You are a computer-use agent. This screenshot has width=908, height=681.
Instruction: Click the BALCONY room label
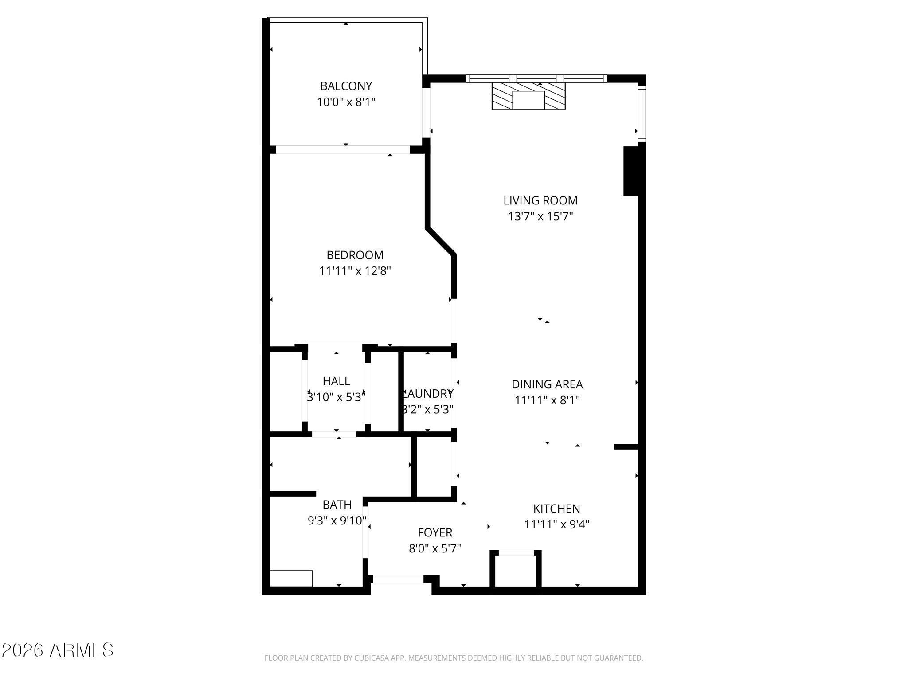(346, 86)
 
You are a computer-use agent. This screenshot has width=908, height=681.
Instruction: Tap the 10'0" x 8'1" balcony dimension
(346, 102)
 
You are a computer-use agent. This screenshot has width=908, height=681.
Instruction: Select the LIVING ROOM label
(540, 200)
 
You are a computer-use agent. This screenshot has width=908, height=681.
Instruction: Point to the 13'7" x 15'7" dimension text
(540, 217)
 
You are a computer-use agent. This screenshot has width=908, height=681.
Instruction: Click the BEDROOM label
(355, 255)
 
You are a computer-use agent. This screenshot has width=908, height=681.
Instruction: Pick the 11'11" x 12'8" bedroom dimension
(355, 271)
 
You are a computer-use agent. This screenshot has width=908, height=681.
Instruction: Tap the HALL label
(336, 381)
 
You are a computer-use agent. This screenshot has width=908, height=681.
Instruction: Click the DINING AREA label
(547, 384)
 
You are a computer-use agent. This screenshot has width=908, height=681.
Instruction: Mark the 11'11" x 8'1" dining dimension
(547, 400)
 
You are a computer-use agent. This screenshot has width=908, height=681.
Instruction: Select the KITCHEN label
(556, 509)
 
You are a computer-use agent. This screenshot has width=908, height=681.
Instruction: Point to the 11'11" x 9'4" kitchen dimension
(556, 524)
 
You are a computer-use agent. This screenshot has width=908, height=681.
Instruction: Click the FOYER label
(435, 532)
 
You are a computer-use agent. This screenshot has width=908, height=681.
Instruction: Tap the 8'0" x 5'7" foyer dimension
(435, 549)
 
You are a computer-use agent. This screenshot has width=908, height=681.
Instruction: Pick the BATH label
(337, 505)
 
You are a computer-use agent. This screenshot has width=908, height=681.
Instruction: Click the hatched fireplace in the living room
(528, 96)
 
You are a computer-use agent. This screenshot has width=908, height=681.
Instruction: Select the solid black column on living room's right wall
(631, 171)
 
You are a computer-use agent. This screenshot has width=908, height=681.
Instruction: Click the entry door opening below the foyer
(398, 579)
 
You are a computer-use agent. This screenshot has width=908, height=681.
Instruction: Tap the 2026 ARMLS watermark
(57, 650)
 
